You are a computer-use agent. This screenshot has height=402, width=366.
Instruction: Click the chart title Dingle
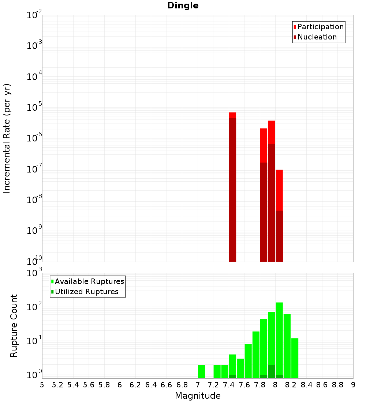pyautogui.click(x=183, y=6)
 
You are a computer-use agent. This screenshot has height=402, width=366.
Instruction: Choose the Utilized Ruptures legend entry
pyautogui.click(x=86, y=292)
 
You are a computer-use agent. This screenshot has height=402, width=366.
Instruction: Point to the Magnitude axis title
pyautogui.click(x=198, y=396)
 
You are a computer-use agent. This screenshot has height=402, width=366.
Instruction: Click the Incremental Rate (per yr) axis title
pyautogui.click(x=7, y=138)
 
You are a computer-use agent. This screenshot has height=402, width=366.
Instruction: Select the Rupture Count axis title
pyautogui.click(x=14, y=326)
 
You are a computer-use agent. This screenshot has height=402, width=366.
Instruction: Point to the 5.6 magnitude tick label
pyautogui.click(x=89, y=385)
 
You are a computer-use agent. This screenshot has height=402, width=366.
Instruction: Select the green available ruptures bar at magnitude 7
pyautogui.click(x=201, y=371)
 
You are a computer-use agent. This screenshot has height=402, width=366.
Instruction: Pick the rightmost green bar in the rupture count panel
pyautogui.click(x=295, y=358)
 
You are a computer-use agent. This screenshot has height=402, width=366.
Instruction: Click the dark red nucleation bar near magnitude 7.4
pyautogui.click(x=232, y=190)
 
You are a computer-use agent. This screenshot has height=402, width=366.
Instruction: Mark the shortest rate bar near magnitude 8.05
pyautogui.click(x=279, y=216)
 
